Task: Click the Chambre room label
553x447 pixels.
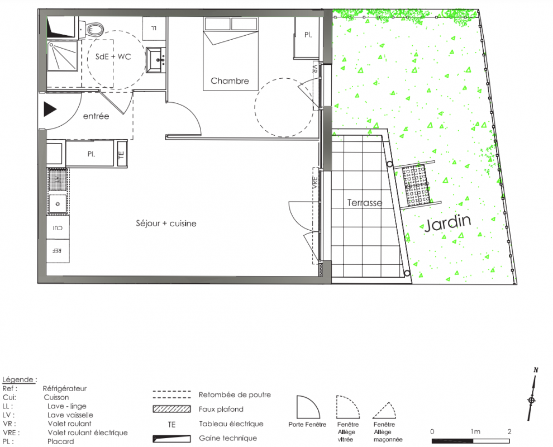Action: [230, 81]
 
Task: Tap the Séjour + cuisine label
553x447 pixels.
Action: [166, 223]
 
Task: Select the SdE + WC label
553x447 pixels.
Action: [113, 56]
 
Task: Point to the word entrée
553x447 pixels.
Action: [96, 116]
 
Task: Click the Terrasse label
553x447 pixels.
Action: [365, 203]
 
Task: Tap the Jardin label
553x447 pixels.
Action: [447, 223]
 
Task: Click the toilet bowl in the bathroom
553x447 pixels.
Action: [94, 29]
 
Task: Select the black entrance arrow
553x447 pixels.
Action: [50, 109]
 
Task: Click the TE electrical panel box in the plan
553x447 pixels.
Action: [122, 154]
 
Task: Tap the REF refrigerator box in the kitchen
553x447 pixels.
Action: [58, 251]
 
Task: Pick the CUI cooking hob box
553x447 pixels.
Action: [58, 227]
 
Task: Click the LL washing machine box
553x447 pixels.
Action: [154, 28]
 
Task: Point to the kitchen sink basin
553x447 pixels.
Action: [58, 204]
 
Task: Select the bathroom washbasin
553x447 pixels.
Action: [155, 60]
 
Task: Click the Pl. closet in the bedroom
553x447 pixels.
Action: [307, 38]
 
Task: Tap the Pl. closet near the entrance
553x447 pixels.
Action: [90, 154]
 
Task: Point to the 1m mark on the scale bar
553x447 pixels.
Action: [475, 431]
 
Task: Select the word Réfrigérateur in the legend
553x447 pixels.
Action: [65, 388]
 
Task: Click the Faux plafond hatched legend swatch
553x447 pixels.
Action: [171, 409]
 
